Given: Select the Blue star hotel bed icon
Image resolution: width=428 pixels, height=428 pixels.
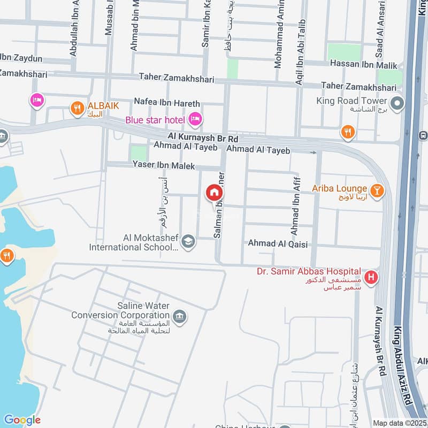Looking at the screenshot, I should pos(195,119).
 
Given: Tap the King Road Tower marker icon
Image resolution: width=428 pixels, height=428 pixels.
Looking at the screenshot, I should pos(396,104).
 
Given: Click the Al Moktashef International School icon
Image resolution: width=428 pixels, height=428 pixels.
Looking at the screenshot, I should pos(188,242).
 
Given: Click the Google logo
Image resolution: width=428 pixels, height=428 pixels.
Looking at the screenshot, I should pos(22,420).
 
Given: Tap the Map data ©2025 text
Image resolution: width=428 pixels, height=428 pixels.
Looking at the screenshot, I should pos(399,423).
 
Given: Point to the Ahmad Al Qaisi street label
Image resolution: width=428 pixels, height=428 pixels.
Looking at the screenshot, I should pos(278,243).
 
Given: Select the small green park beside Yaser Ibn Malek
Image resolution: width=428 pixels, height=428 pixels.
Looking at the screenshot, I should pos(139,153).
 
